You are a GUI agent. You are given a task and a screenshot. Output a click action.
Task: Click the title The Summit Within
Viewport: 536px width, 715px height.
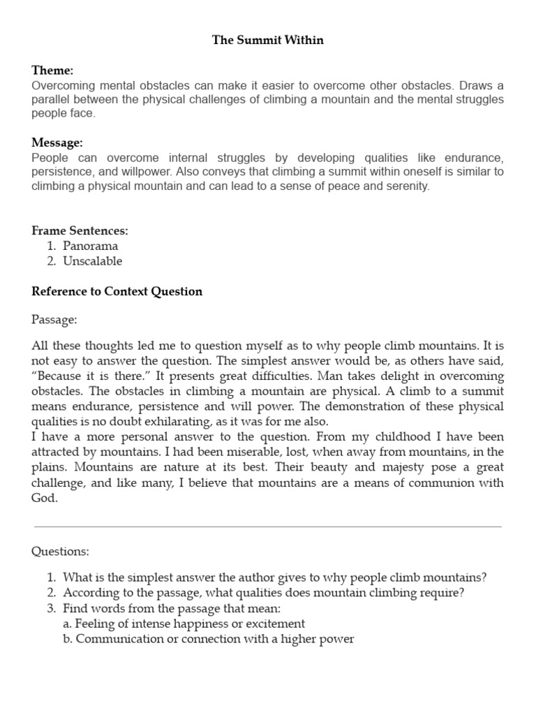pyautogui.click(x=268, y=40)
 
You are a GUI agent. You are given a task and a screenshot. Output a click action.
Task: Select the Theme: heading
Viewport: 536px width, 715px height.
pyautogui.click(x=52, y=71)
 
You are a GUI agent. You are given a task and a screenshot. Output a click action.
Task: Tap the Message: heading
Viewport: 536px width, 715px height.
pyautogui.click(x=57, y=142)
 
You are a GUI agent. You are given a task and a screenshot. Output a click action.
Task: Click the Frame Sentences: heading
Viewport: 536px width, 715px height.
pyautogui.click(x=80, y=230)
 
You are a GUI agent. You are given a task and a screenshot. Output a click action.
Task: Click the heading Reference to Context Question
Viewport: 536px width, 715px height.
pyautogui.click(x=117, y=291)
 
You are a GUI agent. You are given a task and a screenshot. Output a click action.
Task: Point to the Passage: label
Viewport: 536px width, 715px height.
pyautogui.click(x=54, y=319)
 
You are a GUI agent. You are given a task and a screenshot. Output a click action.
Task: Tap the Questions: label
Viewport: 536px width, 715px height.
pyautogui.click(x=60, y=551)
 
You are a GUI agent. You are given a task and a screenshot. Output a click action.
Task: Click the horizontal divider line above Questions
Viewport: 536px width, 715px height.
pyautogui.click(x=268, y=526)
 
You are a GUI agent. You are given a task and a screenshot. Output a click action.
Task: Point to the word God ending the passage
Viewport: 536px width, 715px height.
pyautogui.click(x=43, y=499)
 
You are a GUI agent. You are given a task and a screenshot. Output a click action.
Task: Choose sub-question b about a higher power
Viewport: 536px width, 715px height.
pyautogui.click(x=208, y=638)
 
